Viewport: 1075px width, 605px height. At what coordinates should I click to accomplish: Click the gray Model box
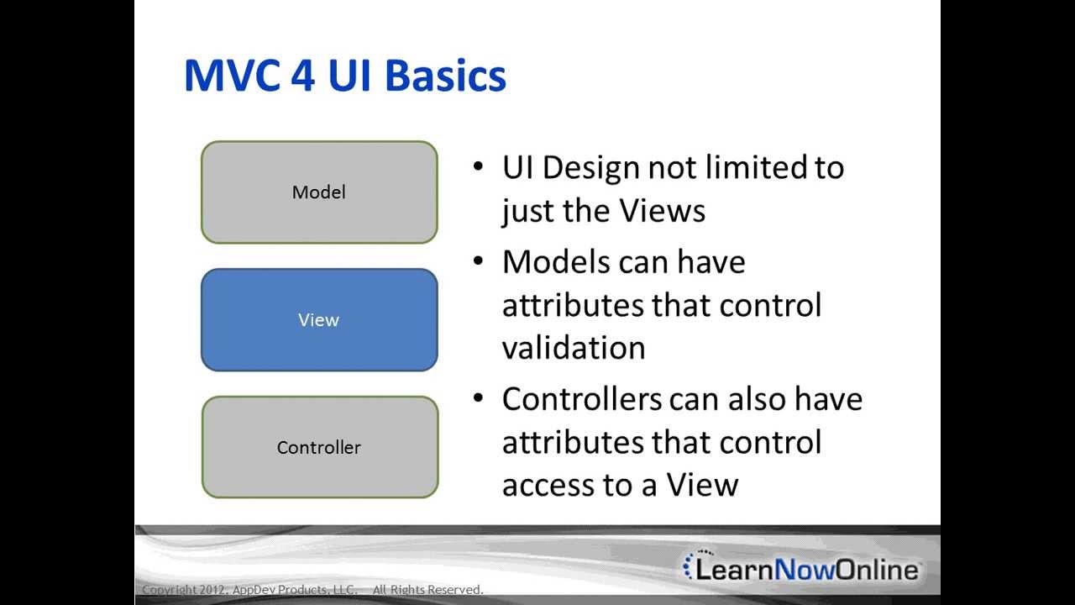[x=319, y=192]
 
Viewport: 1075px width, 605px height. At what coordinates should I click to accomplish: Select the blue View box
[x=319, y=320]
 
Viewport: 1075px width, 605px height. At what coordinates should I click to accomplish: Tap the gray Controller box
[x=319, y=447]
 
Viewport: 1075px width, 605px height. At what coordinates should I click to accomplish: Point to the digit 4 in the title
[x=304, y=76]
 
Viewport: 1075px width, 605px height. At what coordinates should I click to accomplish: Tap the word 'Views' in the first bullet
[x=663, y=210]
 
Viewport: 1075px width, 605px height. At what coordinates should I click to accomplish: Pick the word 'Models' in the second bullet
[x=556, y=262]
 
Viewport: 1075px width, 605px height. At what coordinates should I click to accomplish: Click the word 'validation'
[x=574, y=348]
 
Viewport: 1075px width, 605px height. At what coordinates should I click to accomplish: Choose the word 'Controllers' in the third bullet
[x=582, y=398]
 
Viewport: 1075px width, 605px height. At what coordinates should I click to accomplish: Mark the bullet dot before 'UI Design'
[x=479, y=166]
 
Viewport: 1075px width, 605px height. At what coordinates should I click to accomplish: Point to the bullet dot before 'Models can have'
[x=479, y=260]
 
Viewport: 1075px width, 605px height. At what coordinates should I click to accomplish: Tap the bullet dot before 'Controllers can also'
[x=479, y=397]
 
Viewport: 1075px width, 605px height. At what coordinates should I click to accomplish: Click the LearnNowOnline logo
[x=802, y=569]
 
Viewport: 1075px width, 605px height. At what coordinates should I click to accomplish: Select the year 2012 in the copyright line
[x=211, y=590]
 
